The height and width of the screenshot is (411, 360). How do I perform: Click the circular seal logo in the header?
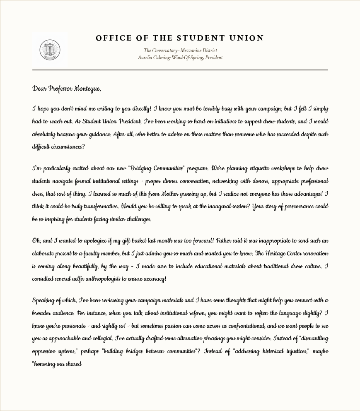[50, 50]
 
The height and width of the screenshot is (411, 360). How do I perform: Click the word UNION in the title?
[247, 38]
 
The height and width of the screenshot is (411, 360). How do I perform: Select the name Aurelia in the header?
[146, 58]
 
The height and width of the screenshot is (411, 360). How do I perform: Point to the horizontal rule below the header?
[180, 70]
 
